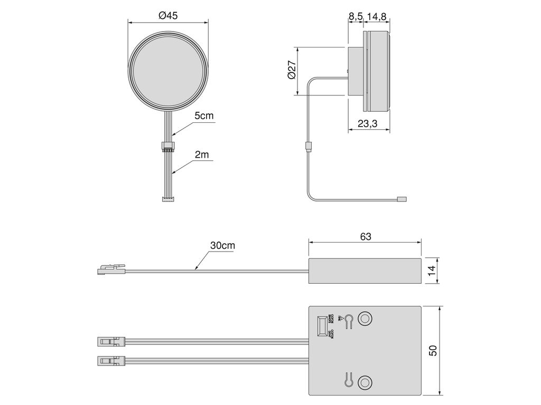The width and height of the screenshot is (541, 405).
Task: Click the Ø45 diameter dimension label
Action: pos(168,16)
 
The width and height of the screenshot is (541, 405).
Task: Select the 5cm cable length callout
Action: pos(203,116)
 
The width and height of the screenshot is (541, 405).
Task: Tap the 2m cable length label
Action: pos(201,155)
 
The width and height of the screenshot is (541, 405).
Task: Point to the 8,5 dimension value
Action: pos(356,16)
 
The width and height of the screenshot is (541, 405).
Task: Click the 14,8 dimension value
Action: pos(377,16)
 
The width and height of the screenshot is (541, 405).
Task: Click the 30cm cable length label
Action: pos(222,246)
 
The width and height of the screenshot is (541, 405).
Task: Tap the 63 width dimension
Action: pos(366,237)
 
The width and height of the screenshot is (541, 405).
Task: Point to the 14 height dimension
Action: pos(431,271)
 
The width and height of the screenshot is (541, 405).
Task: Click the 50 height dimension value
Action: pos(433,350)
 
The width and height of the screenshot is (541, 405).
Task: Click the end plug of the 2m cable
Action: pos(167,198)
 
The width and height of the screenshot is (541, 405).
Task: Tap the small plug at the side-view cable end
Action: pos(402,199)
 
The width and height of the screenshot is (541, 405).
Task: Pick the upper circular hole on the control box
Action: pos(365,319)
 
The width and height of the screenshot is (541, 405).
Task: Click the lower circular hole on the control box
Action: pos(365,382)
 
